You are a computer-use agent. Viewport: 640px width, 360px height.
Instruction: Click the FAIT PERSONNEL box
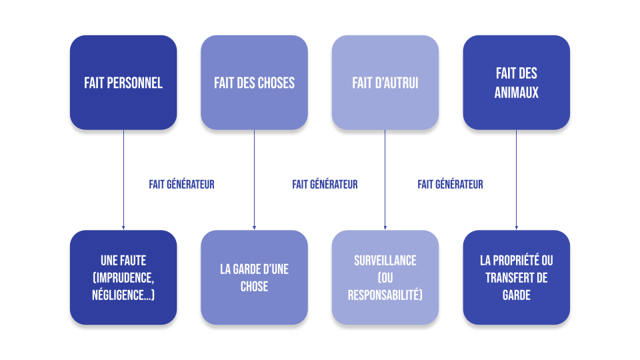tap(123, 83)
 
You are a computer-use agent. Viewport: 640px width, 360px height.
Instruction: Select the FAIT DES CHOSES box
tap(254, 83)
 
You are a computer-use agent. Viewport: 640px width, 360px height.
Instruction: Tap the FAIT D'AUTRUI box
tap(385, 83)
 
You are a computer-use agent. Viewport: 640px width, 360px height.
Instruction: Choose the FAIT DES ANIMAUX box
tap(516, 83)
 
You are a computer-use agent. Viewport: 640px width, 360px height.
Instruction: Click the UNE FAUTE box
tap(123, 277)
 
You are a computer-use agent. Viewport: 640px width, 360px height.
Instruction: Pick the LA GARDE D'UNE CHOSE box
tap(254, 277)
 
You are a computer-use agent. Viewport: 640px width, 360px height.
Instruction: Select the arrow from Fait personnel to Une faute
tap(123, 180)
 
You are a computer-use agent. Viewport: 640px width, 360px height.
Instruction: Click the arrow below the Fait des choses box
tap(254, 180)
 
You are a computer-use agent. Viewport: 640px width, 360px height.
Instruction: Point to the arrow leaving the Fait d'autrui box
tap(385, 180)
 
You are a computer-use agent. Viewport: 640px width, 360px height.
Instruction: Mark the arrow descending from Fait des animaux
tap(516, 180)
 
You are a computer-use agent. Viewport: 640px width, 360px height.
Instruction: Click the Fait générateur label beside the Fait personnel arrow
tap(181, 185)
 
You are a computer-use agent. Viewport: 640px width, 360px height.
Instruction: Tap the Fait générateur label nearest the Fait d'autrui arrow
tap(450, 185)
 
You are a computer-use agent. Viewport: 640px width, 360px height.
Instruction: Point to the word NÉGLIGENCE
tap(120, 294)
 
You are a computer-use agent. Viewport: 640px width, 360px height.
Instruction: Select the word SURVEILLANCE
tap(385, 261)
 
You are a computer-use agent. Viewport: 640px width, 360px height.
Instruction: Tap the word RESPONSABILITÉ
tap(383, 294)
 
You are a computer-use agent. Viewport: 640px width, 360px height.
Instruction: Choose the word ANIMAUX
tap(516, 93)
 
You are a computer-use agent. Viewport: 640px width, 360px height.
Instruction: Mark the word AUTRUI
tap(400, 83)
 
